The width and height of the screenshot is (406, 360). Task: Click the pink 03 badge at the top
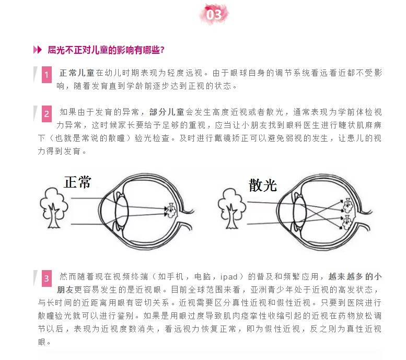[214, 14]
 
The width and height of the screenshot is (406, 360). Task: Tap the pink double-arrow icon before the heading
[38, 50]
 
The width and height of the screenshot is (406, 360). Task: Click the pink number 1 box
[47, 75]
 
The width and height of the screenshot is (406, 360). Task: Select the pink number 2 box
[47, 114]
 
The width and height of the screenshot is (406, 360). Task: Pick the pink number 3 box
[47, 278]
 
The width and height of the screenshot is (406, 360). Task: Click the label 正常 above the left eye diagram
[77, 182]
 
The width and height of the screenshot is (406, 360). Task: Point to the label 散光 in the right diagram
[263, 185]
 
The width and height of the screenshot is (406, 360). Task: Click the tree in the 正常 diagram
[54, 208]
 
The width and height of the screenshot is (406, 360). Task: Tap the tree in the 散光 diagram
[232, 209]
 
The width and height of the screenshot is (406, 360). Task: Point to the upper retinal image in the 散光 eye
[347, 205]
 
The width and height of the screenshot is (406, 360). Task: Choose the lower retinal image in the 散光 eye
[347, 223]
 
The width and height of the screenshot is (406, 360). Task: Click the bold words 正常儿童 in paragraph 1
[77, 73]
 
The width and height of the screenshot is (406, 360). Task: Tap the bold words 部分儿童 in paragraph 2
[167, 112]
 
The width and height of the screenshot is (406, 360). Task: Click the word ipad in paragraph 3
[229, 277]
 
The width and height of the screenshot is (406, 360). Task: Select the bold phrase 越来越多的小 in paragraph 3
[355, 276]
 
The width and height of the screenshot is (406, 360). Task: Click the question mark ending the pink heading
[163, 50]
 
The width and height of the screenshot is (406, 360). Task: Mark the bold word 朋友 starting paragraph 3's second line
[65, 289]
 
